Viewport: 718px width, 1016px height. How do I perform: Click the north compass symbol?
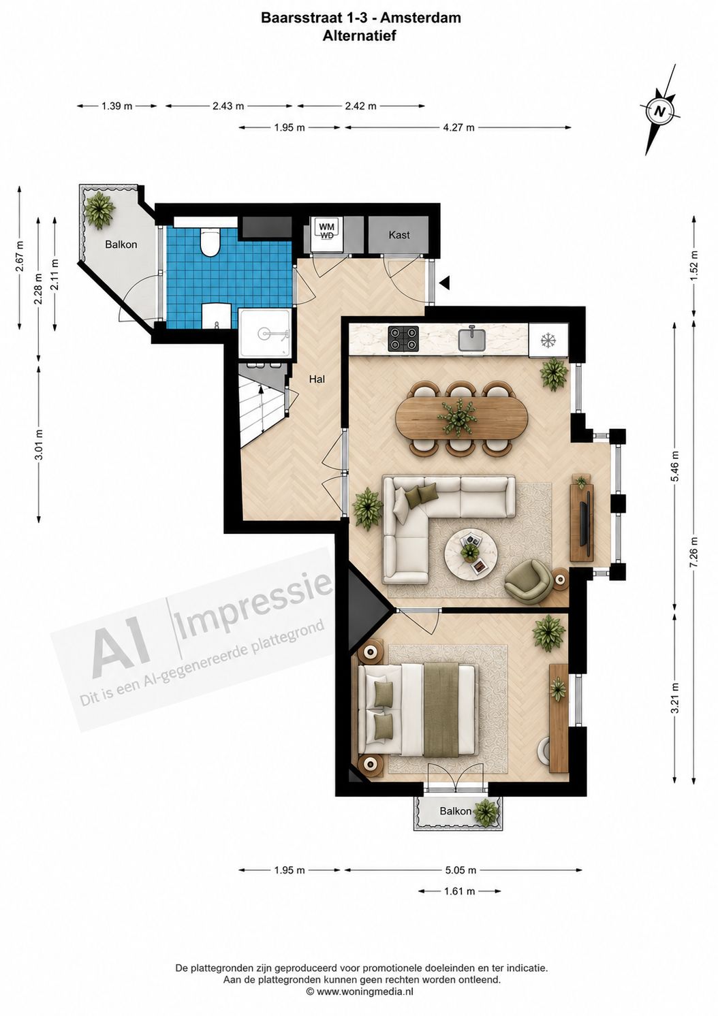click(660, 110)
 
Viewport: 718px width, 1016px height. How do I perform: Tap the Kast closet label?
click(399, 235)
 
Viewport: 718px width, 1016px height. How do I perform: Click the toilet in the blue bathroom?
click(210, 240)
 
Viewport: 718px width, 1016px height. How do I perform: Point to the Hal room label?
click(317, 379)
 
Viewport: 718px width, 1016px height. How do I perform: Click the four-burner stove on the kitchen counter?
click(403, 339)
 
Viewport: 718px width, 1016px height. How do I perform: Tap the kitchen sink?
click(473, 339)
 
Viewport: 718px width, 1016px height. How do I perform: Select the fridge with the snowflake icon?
click(548, 340)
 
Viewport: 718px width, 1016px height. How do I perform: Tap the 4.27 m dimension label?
click(458, 128)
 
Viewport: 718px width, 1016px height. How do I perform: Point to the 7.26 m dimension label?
click(693, 552)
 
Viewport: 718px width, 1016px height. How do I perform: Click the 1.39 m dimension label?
click(117, 106)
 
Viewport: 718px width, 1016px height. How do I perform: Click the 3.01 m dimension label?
click(39, 445)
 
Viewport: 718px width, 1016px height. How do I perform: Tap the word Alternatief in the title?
click(359, 36)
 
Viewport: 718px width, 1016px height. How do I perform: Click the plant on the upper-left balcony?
click(100, 210)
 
